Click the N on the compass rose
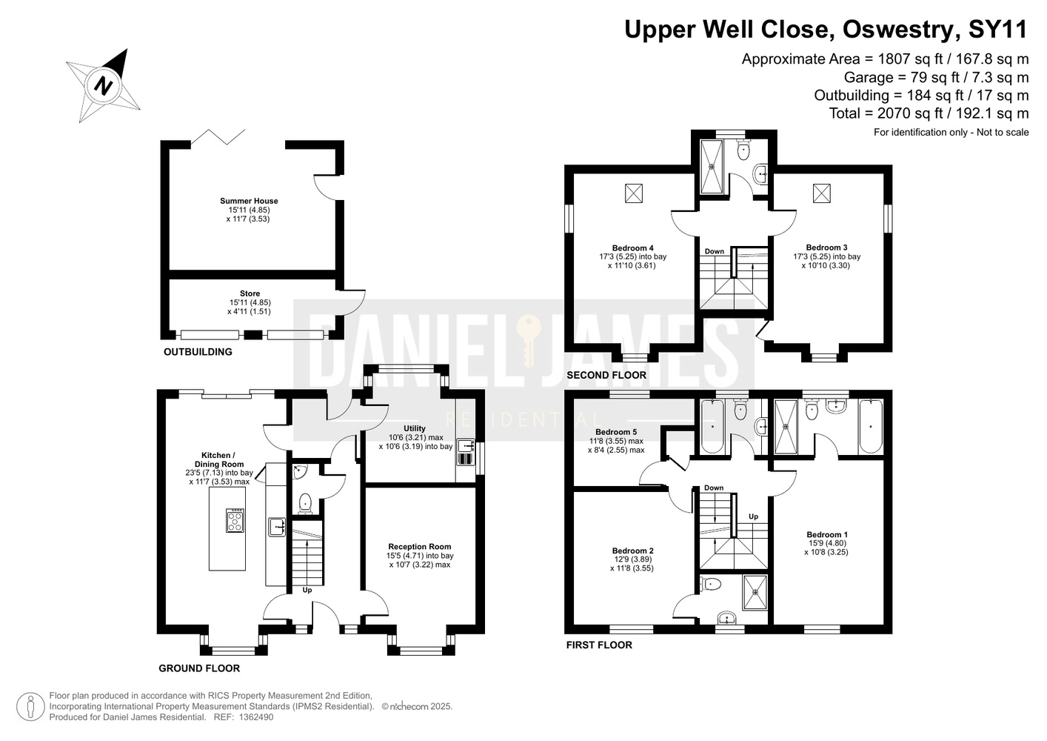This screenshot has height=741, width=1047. pos(104,86)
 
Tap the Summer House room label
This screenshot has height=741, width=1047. pos(249,201)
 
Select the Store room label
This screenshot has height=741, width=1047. pos(250,293)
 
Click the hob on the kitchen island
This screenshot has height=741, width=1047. pos(235,520)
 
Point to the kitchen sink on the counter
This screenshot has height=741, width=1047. pos(277,527)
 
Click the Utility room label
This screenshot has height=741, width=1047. pos(415,428)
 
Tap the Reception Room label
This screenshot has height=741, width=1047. pos(420,547)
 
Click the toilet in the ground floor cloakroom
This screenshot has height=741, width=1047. pos(305,504)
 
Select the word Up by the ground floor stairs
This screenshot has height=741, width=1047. pos(307,591)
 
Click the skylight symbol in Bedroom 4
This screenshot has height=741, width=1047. pos(634,193)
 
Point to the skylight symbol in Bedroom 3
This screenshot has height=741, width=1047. pos(822,193)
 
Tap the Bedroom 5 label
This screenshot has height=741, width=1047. pos(616,432)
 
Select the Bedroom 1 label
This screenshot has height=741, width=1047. pos(827,535)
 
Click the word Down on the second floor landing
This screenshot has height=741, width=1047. pos(715,252)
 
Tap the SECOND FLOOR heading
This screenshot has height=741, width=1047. pos(606,375)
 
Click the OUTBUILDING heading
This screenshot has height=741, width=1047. pos(198,352)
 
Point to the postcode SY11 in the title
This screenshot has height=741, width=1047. pos(997,29)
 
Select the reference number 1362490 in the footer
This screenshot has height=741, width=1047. pos(255,717)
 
